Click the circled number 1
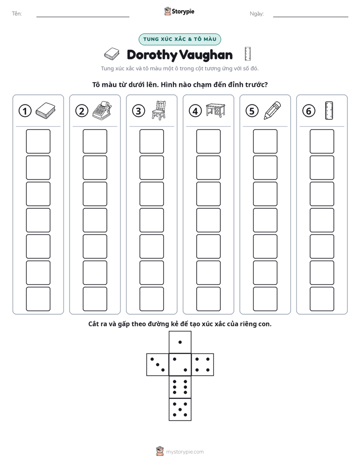click(25, 111)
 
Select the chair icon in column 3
click(159, 110)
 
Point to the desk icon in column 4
click(216, 110)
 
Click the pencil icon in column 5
click(272, 110)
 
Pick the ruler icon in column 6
click(329, 110)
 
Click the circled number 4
click(195, 111)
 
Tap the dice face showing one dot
click(180, 342)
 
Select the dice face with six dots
click(180, 387)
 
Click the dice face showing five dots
click(180, 410)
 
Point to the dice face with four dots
click(203, 365)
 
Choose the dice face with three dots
click(158, 365)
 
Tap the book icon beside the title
click(112, 54)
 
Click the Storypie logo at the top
click(179, 11)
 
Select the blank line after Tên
click(83, 17)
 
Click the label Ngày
click(257, 14)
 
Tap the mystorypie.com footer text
click(185, 452)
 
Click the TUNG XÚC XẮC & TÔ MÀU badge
click(180, 39)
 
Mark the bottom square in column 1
click(38, 299)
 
